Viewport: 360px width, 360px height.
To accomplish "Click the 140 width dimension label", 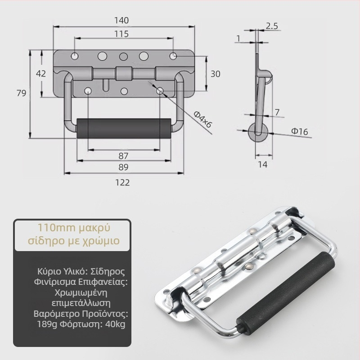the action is tap(121, 20).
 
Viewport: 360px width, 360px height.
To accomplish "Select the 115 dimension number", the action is tap(121, 34).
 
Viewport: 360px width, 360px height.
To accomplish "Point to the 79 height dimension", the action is tap(21, 93).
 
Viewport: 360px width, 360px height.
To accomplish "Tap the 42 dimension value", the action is tap(41, 73).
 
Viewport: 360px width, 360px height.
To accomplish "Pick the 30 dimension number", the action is tap(216, 74).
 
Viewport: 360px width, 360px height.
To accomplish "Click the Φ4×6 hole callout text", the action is tap(202, 119).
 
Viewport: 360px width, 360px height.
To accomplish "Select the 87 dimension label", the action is tap(123, 156).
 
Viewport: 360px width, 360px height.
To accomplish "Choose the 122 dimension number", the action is tap(122, 183).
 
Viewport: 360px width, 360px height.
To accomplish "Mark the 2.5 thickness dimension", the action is tap(272, 26).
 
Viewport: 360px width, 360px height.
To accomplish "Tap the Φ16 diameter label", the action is tap(299, 131).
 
